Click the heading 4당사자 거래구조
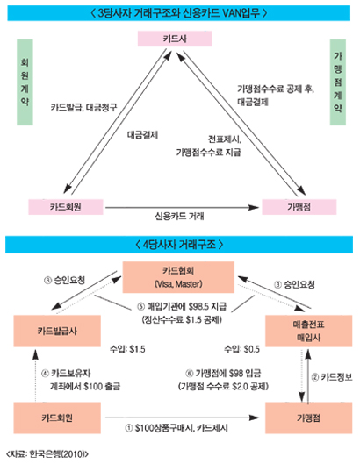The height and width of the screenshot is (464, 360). point(179,241)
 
